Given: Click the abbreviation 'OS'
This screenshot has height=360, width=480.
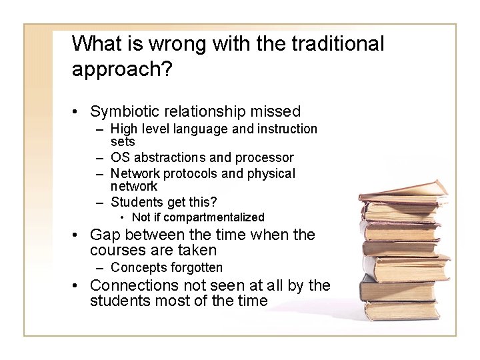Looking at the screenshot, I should pos(120,158).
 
